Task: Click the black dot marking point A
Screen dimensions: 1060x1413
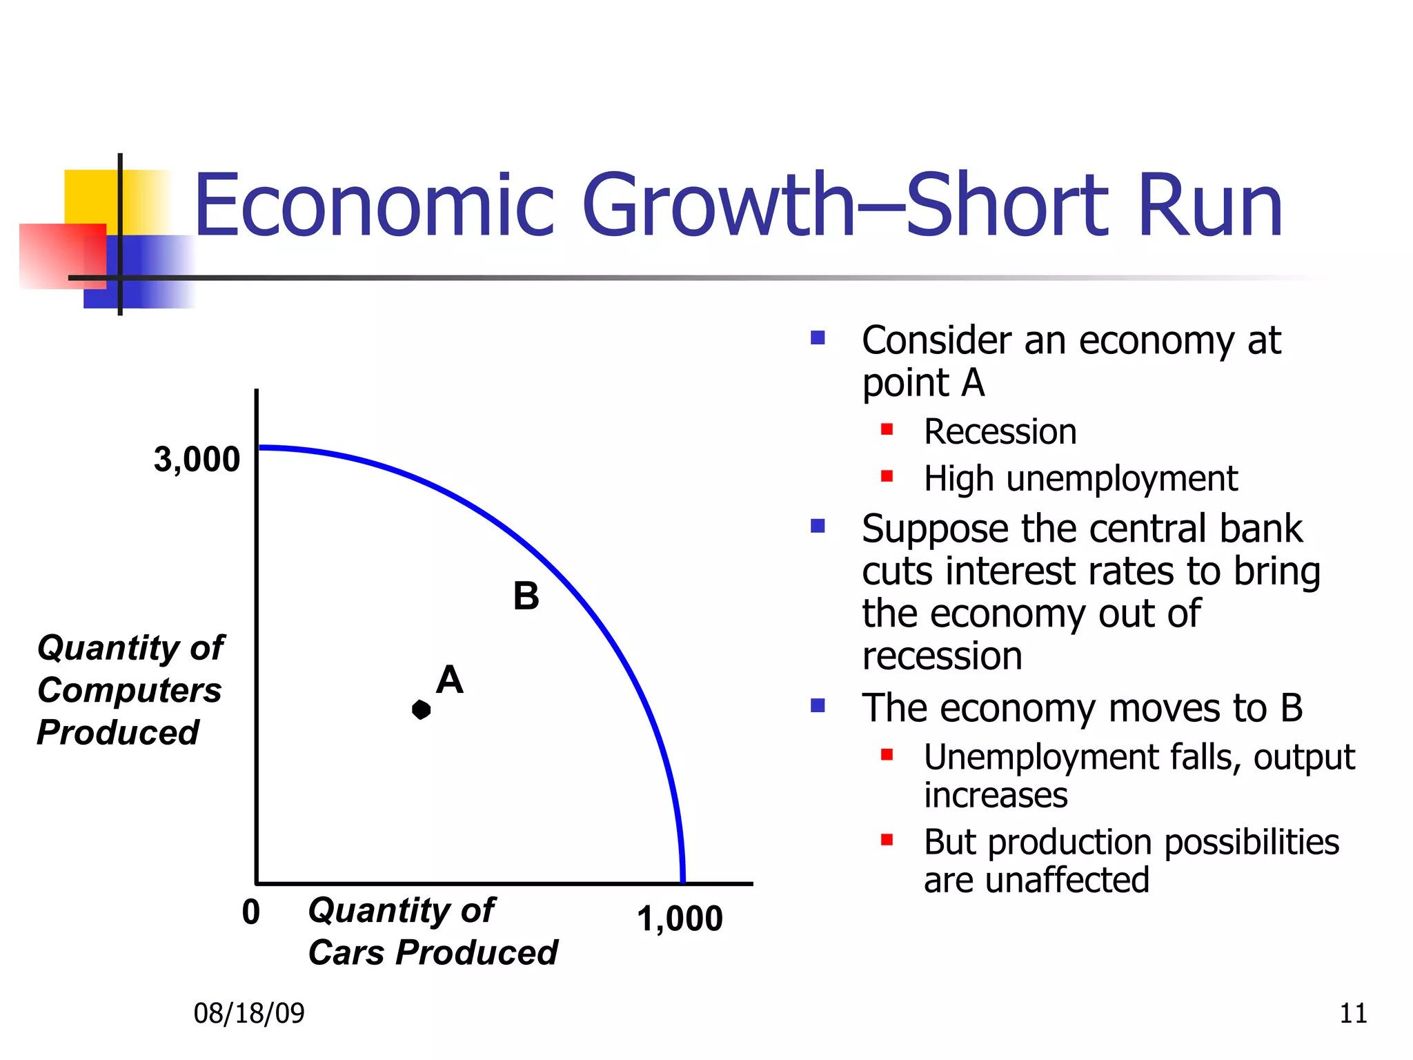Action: pos(421,709)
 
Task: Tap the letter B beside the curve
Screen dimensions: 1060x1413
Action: pos(526,596)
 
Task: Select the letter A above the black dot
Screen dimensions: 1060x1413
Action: pos(449,680)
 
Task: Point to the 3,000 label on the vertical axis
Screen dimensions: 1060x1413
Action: pos(197,460)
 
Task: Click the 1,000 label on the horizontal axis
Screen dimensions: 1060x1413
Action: pos(680,919)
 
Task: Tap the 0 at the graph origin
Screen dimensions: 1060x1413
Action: pos(251,912)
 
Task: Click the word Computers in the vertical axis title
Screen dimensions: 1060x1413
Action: pos(130,690)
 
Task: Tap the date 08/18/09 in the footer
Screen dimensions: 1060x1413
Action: pos(249,1013)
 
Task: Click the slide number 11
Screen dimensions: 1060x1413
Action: pos(1353,1013)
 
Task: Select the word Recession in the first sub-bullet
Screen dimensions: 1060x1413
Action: pos(1000,432)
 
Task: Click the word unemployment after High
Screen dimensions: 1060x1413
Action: pos(1122,479)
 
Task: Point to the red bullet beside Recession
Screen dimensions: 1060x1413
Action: pos(887,430)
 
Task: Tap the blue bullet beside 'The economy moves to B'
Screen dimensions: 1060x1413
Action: pos(818,705)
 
